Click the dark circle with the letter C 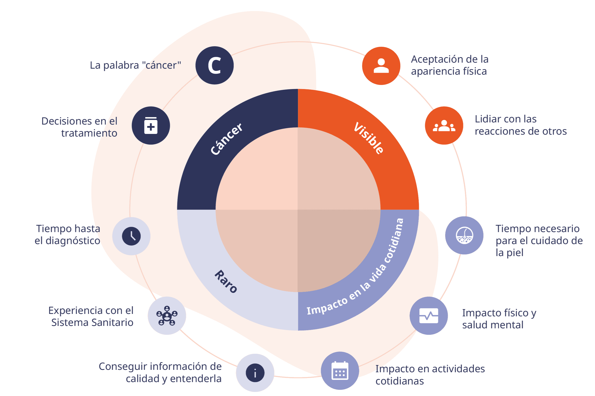214,66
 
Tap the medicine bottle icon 151,126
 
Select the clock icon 131,236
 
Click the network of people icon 167,316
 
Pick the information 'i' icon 255,373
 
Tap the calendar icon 340,371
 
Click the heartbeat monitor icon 429,316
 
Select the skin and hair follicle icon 464,235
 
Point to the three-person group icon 444,126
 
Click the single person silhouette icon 381,66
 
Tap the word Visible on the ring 369,138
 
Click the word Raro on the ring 226,281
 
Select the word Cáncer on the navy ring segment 227,139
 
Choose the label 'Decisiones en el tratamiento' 80,127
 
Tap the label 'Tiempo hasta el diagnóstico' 68,235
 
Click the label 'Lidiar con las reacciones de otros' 521,125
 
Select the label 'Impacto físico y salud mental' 499,319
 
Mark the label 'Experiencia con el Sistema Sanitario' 91,317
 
